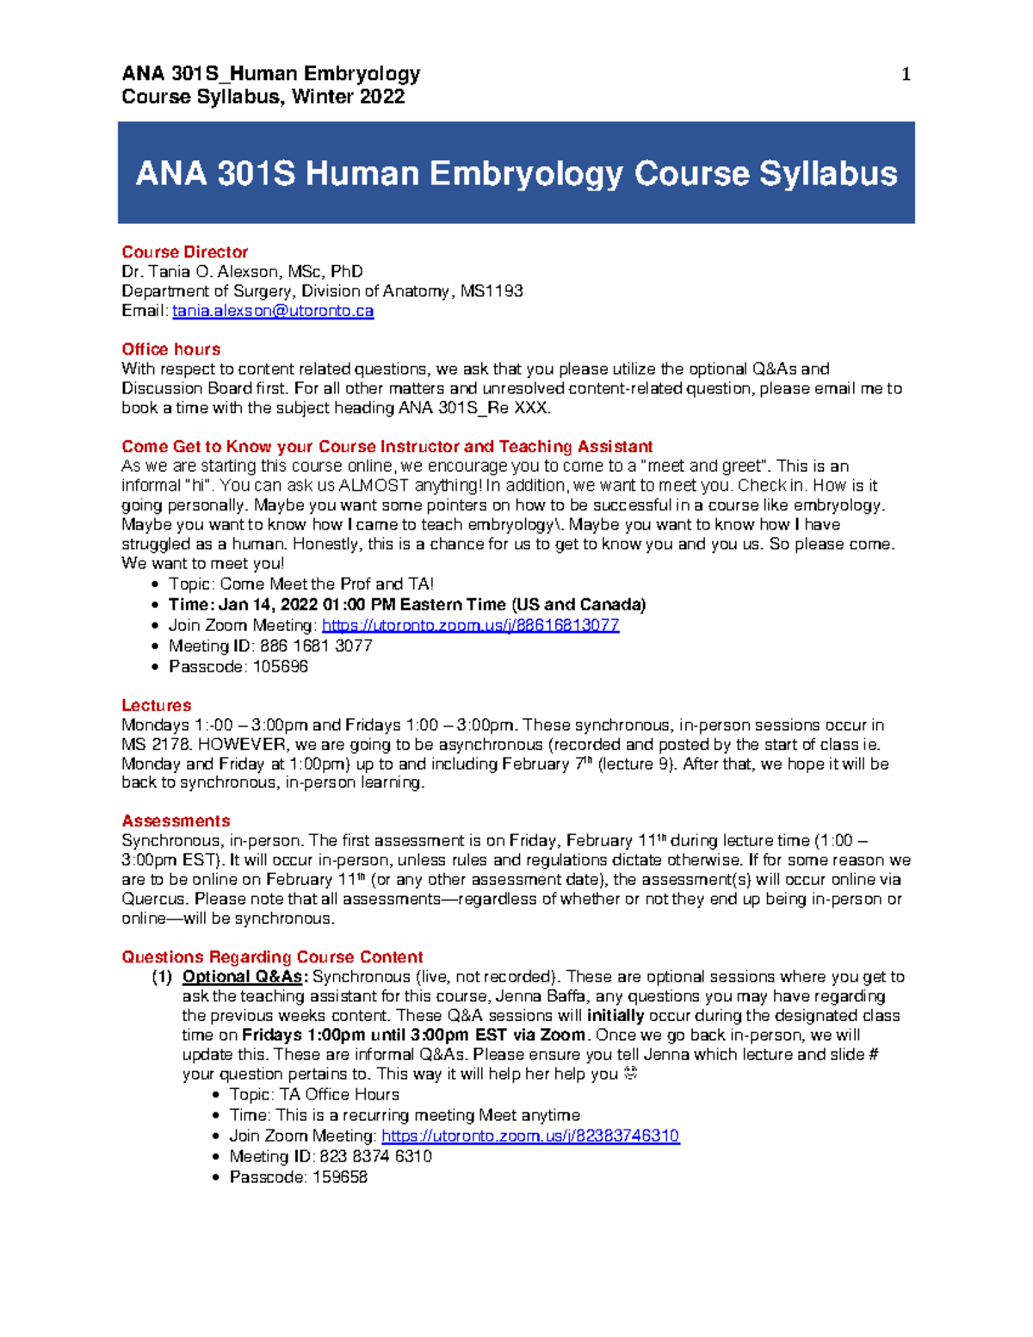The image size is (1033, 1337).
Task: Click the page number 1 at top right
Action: tap(905, 75)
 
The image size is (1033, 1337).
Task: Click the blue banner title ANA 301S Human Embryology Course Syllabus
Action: tap(516, 174)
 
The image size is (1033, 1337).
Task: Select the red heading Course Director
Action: tap(184, 252)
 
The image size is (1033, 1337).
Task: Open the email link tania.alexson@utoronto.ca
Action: tap(273, 311)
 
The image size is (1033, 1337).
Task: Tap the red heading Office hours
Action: tap(170, 350)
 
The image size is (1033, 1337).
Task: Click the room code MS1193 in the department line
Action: tap(492, 291)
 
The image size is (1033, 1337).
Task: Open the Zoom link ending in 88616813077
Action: tap(470, 625)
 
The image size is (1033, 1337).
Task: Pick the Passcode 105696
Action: tap(280, 666)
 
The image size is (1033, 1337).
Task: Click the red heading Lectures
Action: tap(156, 706)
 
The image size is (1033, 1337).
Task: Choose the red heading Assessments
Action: tap(176, 821)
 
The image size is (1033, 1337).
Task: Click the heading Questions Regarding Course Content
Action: tap(272, 957)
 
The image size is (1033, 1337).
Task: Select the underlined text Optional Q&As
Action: tap(244, 977)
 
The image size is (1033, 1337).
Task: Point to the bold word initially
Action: tap(615, 1016)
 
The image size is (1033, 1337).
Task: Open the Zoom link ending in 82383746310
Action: tap(530, 1136)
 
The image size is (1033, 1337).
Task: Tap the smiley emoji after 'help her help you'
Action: tap(630, 1074)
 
